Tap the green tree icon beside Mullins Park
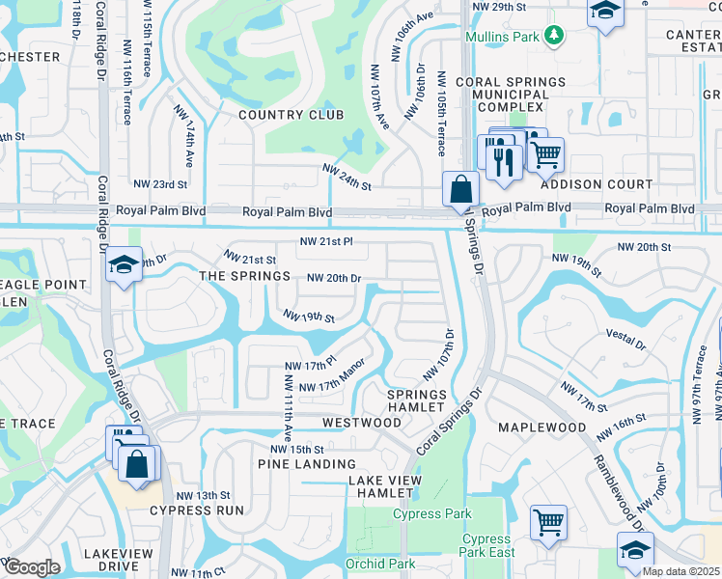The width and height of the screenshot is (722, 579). click(x=553, y=37)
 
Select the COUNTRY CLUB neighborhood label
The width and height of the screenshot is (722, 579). click(x=291, y=115)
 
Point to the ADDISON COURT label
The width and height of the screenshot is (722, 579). click(x=597, y=184)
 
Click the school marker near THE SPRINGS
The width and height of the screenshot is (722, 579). click(x=124, y=265)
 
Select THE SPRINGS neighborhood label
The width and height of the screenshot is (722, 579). click(x=244, y=276)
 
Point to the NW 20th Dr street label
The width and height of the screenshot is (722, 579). click(x=334, y=278)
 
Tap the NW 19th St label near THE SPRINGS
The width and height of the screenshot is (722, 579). click(x=308, y=316)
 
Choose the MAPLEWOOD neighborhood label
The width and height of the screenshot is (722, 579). click(x=542, y=427)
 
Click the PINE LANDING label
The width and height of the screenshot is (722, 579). click(x=307, y=464)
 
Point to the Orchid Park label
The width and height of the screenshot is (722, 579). click(x=380, y=564)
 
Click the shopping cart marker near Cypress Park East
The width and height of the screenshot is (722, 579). click(x=548, y=522)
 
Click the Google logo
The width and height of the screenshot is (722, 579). click(x=31, y=567)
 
